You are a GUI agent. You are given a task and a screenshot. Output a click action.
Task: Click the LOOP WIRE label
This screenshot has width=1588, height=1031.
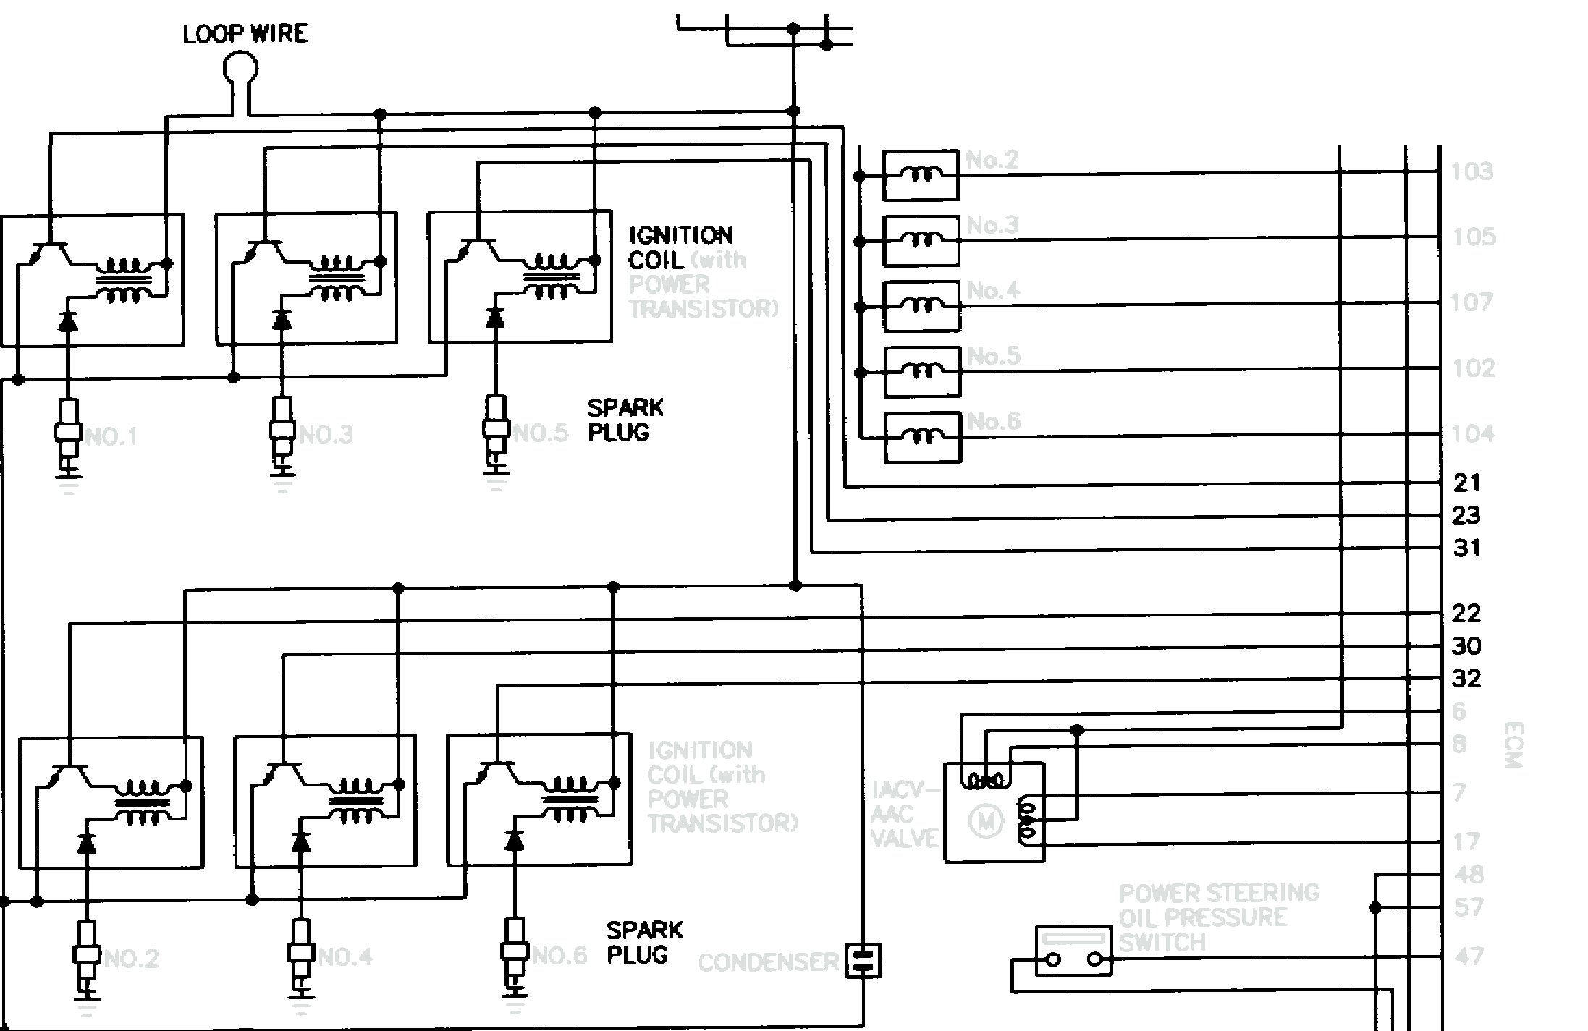(x=245, y=34)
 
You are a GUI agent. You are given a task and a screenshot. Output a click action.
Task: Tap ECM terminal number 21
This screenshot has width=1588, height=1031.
(x=1466, y=483)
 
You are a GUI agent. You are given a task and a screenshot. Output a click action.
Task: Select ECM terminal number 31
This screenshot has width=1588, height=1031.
(x=1466, y=548)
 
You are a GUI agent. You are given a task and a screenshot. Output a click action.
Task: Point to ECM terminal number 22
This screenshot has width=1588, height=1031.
(x=1466, y=614)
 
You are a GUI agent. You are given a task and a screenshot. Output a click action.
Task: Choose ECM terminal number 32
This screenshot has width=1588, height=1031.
(x=1466, y=679)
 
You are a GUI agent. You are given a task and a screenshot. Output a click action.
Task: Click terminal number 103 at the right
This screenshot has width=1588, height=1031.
(x=1471, y=172)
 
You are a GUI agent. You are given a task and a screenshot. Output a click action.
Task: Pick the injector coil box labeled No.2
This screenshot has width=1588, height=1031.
(x=921, y=176)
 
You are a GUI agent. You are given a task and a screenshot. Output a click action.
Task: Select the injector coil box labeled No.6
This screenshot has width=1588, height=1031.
(x=922, y=437)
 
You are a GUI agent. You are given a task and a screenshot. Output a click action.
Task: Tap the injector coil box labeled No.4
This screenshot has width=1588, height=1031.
(x=921, y=306)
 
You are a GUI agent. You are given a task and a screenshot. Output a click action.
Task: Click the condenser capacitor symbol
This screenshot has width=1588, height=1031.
(x=863, y=961)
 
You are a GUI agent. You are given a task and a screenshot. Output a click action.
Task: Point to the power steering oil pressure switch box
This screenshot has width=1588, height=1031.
(x=1074, y=951)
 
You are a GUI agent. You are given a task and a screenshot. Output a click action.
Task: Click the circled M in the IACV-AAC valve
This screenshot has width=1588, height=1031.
(x=985, y=820)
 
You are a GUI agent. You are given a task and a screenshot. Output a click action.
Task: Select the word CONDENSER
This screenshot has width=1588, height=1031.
(x=768, y=963)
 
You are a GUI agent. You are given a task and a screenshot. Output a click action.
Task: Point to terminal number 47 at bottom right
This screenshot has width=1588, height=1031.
(x=1469, y=956)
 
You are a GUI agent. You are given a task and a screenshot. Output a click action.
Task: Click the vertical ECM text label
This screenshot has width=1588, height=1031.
(x=1513, y=745)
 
